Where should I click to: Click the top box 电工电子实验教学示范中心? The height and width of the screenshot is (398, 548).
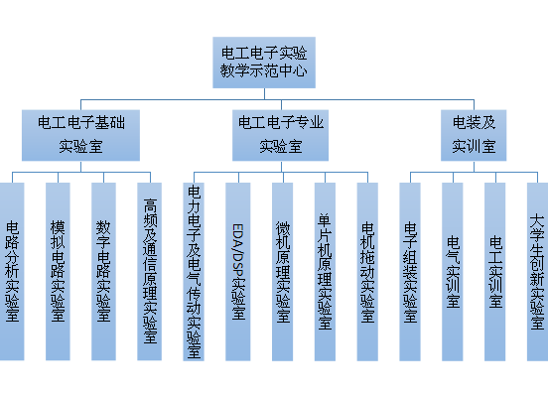coord(264,63)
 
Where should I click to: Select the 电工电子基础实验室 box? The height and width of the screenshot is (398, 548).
coord(80,135)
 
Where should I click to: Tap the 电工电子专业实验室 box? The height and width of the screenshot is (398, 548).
coord(280,135)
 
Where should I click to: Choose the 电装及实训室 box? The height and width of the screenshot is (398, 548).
coord(474,135)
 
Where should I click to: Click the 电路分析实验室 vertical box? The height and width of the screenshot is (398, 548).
coord(12,272)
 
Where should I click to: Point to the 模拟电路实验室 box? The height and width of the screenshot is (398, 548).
coord(58,272)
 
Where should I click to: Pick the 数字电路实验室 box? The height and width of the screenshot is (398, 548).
coord(103,272)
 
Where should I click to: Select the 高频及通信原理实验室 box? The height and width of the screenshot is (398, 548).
coord(149,272)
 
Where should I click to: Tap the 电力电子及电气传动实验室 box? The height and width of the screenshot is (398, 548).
coord(194,272)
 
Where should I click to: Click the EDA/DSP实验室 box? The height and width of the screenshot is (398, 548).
coord(238,272)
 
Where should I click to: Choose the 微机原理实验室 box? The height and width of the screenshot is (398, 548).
coord(282,272)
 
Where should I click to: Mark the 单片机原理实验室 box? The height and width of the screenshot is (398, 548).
coord(325,272)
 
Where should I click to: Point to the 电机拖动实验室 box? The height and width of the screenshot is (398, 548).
coord(367,272)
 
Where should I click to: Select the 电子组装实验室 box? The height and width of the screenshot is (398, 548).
coord(410,272)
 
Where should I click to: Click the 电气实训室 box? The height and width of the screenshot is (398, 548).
coord(453,272)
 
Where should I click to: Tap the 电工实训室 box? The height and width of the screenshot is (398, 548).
coord(494,272)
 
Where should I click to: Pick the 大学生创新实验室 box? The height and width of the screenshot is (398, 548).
coord(537,272)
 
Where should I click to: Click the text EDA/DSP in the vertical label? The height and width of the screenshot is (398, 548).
coord(238,250)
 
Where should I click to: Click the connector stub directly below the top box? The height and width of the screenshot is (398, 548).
coord(264,94)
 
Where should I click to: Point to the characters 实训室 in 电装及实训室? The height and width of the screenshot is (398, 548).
coord(474,147)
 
